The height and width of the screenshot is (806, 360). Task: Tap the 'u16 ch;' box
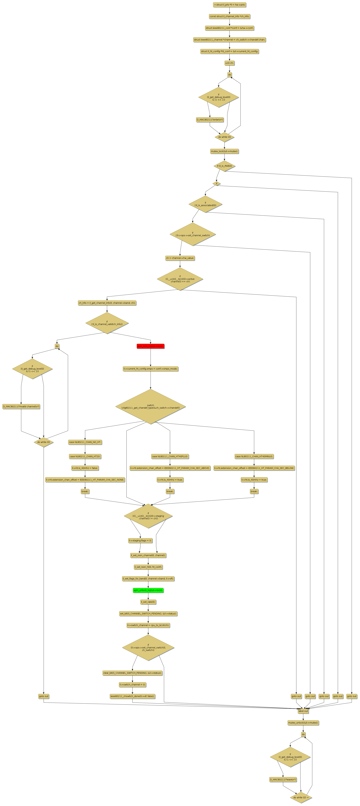(x=229, y=63)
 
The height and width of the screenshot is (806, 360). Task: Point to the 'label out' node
(x=303, y=711)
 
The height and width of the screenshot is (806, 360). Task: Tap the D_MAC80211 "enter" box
(x=210, y=120)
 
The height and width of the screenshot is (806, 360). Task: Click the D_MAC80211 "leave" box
(x=283, y=779)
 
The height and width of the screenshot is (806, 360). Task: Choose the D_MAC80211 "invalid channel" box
(x=21, y=406)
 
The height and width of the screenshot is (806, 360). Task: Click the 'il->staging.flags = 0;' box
(x=140, y=540)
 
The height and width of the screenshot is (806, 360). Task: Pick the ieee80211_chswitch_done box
(x=132, y=696)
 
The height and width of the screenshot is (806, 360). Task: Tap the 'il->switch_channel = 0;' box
(x=132, y=685)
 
